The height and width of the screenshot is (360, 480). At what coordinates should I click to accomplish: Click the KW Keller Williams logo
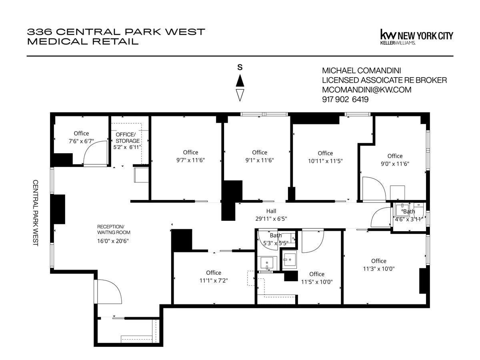pyautogui.click(x=416, y=36)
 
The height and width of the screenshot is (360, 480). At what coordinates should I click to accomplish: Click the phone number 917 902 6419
pyautogui.click(x=345, y=100)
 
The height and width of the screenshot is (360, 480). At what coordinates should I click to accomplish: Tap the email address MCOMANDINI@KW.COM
pyautogui.click(x=367, y=90)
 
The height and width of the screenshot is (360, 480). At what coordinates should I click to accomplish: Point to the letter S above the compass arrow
pyautogui.click(x=240, y=68)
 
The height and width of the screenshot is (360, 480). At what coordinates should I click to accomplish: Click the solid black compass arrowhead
pyautogui.click(x=240, y=81)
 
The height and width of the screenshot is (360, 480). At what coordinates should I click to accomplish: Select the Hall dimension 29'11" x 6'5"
pyautogui.click(x=271, y=219)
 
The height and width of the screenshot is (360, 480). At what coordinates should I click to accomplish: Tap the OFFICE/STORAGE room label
pyautogui.click(x=128, y=137)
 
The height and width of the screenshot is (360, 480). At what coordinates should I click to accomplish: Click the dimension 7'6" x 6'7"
pyautogui.click(x=81, y=141)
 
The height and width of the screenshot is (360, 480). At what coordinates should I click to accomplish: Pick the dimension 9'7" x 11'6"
pyautogui.click(x=190, y=160)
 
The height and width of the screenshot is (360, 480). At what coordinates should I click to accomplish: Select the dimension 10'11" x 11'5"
pyautogui.click(x=325, y=161)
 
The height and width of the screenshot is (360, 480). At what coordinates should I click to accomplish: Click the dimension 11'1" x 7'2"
pyautogui.click(x=213, y=280)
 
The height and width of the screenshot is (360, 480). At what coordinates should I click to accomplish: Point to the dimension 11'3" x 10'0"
pyautogui.click(x=378, y=269)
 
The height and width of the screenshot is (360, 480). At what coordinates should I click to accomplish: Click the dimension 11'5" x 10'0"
pyautogui.click(x=316, y=282)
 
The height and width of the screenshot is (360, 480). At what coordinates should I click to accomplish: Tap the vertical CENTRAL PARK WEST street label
pyautogui.click(x=35, y=212)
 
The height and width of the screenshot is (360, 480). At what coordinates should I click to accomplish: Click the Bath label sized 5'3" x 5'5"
pyautogui.click(x=276, y=236)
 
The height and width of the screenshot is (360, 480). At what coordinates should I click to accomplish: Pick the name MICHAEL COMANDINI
pyautogui.click(x=362, y=71)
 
